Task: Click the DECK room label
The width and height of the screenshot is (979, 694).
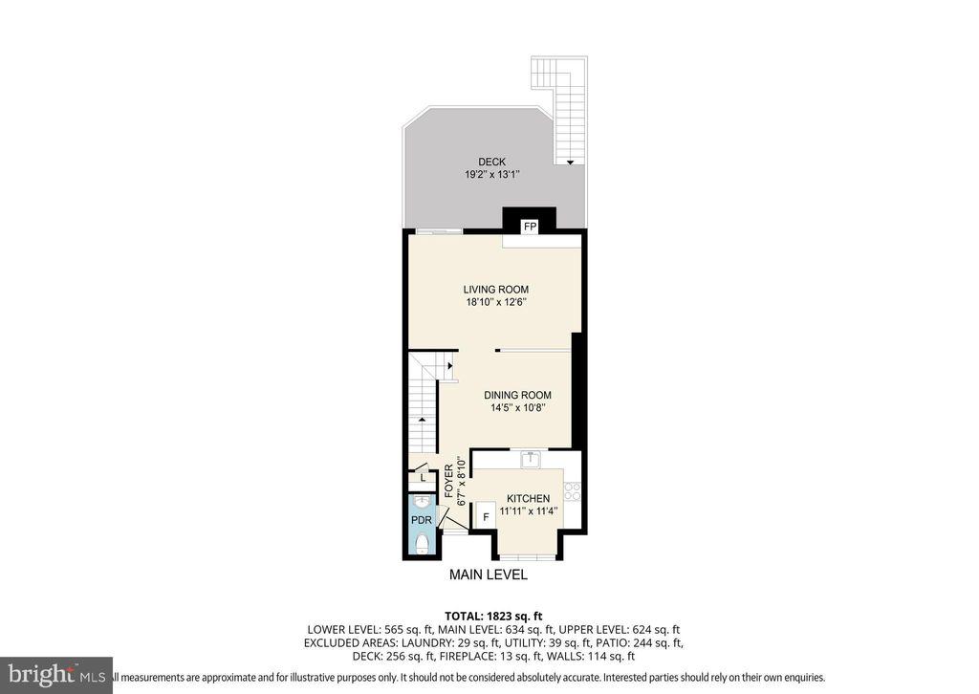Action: click(492, 163)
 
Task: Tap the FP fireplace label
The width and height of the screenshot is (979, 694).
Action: click(529, 227)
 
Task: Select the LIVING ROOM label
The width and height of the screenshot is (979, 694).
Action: click(495, 290)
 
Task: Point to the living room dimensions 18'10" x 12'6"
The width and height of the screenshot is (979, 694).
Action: click(495, 303)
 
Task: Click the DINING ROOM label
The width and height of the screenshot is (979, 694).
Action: click(517, 395)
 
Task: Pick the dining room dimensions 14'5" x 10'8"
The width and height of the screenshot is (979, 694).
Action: click(517, 408)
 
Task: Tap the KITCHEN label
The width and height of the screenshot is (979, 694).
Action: click(528, 499)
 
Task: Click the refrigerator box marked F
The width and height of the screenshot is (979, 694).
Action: click(486, 517)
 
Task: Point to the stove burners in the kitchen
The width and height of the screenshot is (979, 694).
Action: click(573, 491)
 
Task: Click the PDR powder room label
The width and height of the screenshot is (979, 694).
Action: click(422, 520)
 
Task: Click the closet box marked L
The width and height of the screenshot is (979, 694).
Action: click(423, 478)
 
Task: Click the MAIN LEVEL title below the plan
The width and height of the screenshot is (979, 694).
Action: click(489, 575)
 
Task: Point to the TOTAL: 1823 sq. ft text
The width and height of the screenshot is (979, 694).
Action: click(494, 616)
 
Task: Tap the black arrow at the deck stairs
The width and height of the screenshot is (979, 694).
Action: click(571, 163)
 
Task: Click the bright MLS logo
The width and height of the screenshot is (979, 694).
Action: click(56, 675)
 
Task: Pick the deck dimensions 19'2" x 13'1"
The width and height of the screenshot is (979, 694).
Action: click(492, 176)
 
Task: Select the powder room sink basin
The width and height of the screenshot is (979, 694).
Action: click(422, 501)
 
